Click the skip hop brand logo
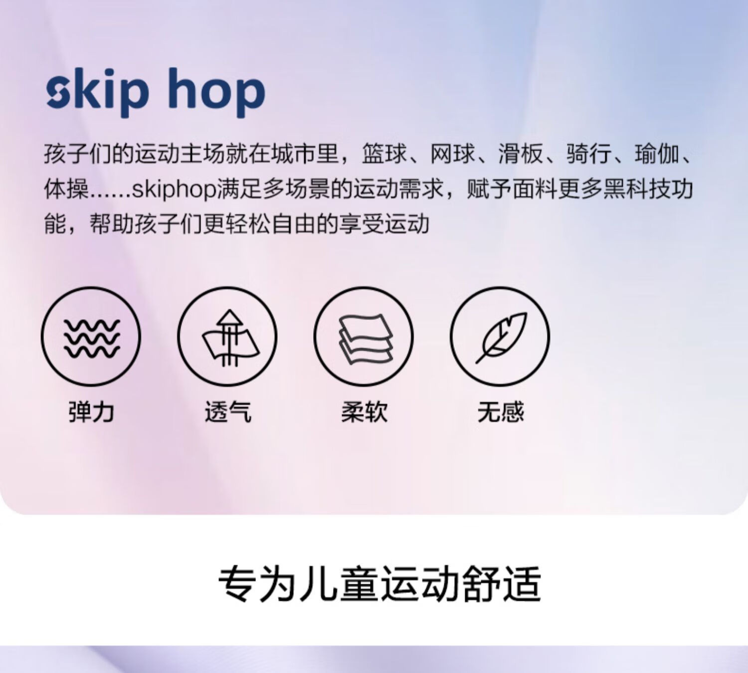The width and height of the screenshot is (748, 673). click(156, 93)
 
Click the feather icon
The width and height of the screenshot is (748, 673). click(500, 336)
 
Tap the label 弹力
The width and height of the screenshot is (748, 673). click(91, 412)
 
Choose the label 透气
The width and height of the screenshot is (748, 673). click(228, 412)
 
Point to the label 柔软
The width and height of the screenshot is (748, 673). click(365, 412)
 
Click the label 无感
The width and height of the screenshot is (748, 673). click(501, 412)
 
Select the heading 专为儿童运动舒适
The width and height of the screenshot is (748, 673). click(379, 585)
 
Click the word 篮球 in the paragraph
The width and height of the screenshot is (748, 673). click(384, 154)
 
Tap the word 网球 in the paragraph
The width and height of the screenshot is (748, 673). click(452, 154)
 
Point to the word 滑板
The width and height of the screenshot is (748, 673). click(521, 154)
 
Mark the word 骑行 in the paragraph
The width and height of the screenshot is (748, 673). click(589, 154)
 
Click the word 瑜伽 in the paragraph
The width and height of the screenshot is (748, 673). click(657, 154)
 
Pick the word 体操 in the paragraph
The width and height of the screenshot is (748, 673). click(66, 189)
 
